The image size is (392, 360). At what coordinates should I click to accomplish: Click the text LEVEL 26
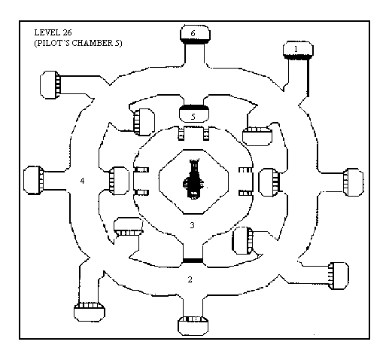click(53, 32)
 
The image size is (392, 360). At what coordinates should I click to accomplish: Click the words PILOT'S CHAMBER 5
click(78, 43)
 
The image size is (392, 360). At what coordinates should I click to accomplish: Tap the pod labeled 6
click(195, 34)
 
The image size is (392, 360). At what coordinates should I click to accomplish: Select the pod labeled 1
click(298, 50)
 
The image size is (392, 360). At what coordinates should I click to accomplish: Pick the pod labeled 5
click(194, 114)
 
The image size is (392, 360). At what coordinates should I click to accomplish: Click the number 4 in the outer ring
click(82, 181)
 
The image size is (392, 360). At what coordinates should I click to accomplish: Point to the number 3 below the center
click(192, 225)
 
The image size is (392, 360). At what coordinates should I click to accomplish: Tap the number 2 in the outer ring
click(190, 279)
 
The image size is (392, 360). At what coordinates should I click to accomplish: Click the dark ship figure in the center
click(193, 178)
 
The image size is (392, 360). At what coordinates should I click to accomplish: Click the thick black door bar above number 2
click(193, 261)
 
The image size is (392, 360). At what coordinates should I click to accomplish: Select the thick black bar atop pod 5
click(194, 108)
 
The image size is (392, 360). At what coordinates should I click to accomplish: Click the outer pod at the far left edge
click(34, 180)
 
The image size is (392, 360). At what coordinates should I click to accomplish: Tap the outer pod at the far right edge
click(353, 182)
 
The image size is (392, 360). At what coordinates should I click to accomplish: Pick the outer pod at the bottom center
click(193, 325)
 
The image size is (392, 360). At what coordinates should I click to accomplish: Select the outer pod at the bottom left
click(90, 312)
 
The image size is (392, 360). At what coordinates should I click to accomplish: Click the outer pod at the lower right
click(339, 276)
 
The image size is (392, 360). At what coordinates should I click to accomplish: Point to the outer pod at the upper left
click(50, 85)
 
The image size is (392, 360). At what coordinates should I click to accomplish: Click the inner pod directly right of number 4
click(119, 181)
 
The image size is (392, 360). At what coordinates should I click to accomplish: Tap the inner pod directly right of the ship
click(269, 182)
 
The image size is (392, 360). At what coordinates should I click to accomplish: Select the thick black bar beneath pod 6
click(195, 41)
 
